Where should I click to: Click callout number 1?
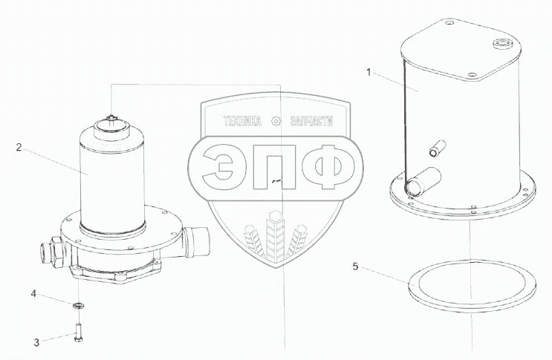pos(368,73)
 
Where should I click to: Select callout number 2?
pos(19,147)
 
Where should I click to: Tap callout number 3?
pos(36,342)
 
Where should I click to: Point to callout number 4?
pos(33,293)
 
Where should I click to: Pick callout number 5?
pos(356,266)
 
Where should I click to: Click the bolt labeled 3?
pos(79,332)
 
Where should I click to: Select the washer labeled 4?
pos(78,305)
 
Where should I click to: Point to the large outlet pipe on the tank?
pos(423,180)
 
